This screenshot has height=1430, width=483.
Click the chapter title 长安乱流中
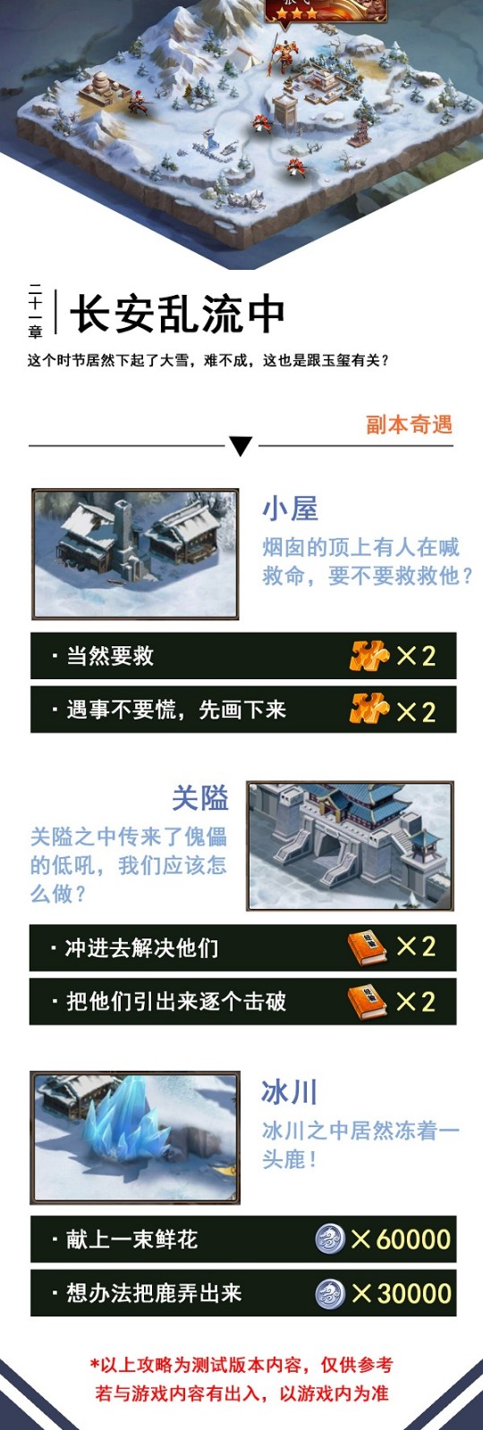(177, 314)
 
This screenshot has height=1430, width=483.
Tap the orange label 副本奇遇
(409, 425)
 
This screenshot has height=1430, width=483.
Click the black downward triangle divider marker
(241, 446)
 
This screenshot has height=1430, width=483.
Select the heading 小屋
(290, 509)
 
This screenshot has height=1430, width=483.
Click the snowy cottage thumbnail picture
(135, 553)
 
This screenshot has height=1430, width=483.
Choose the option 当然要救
(111, 656)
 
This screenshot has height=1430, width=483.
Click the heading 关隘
(200, 798)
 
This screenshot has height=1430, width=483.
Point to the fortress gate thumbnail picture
(350, 845)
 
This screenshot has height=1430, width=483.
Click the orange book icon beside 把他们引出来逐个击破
(368, 1002)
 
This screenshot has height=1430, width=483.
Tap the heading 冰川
(290, 1092)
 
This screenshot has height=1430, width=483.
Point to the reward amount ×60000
(402, 1239)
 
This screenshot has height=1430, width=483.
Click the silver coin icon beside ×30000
(331, 1293)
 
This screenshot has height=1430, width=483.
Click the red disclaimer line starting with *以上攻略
(241, 1365)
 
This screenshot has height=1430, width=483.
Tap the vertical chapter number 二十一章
(35, 310)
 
